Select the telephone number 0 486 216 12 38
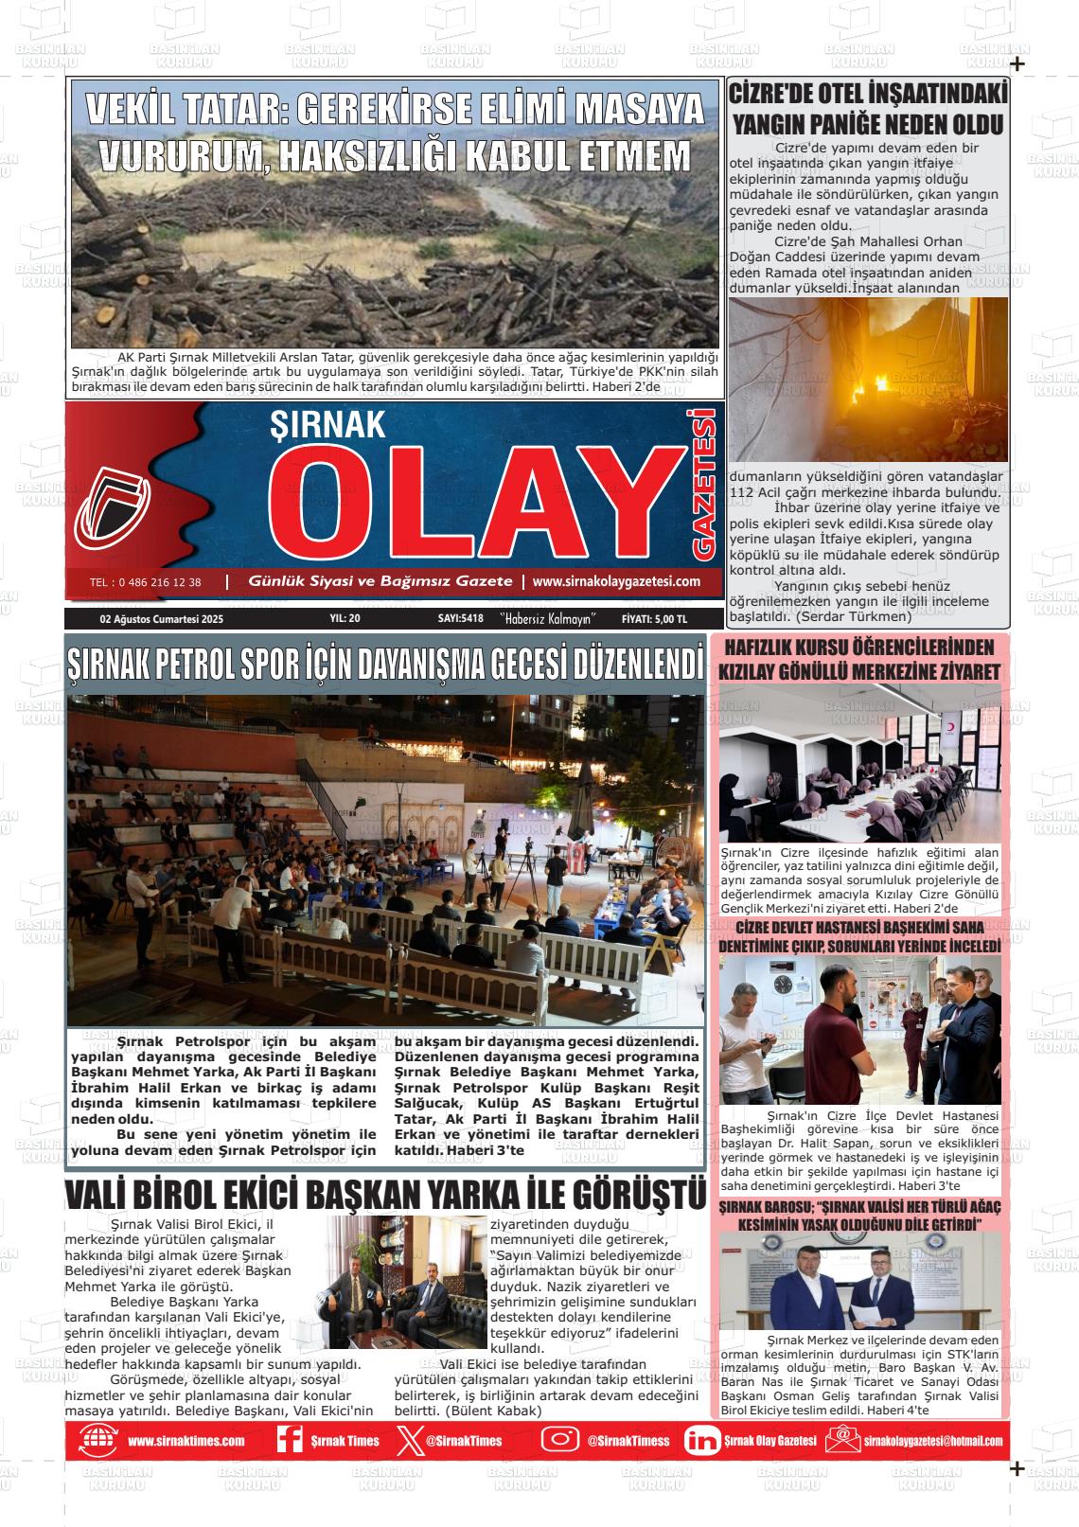coord(145,582)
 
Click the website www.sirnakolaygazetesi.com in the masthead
coord(616,581)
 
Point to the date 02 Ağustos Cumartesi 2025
coord(161,619)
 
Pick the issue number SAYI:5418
coord(461,619)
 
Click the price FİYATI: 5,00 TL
coord(654,619)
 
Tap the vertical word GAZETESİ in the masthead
coord(705,483)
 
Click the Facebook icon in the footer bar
coord(289,1440)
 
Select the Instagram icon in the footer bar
coord(559,1440)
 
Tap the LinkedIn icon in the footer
coord(701,1440)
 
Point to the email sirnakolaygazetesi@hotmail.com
coord(932,1441)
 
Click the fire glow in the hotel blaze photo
coord(866,388)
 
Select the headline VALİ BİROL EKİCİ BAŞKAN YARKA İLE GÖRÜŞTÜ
coord(385,1194)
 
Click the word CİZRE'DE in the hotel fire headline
coord(770,94)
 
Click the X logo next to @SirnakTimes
coord(407,1440)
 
